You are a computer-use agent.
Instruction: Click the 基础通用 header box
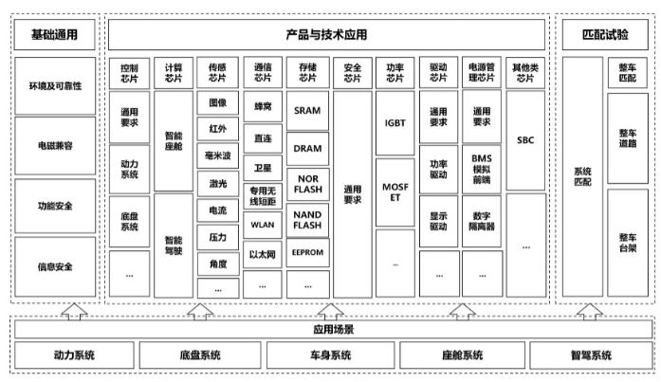[55, 35]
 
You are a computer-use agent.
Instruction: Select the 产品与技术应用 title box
[326, 35]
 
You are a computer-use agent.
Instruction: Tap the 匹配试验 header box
[605, 35]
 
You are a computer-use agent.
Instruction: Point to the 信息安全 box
[55, 266]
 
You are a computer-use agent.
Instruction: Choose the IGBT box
[395, 123]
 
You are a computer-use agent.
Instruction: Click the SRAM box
[307, 111]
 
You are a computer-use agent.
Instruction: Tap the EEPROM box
[307, 254]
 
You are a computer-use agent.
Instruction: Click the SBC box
[525, 139]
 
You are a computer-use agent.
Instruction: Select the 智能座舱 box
[174, 141]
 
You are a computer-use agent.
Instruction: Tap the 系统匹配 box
[582, 176]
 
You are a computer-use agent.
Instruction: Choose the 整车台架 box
[627, 243]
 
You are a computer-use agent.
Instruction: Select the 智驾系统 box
[591, 355]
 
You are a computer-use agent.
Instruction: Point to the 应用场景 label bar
[334, 329]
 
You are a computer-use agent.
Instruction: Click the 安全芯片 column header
[353, 73]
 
